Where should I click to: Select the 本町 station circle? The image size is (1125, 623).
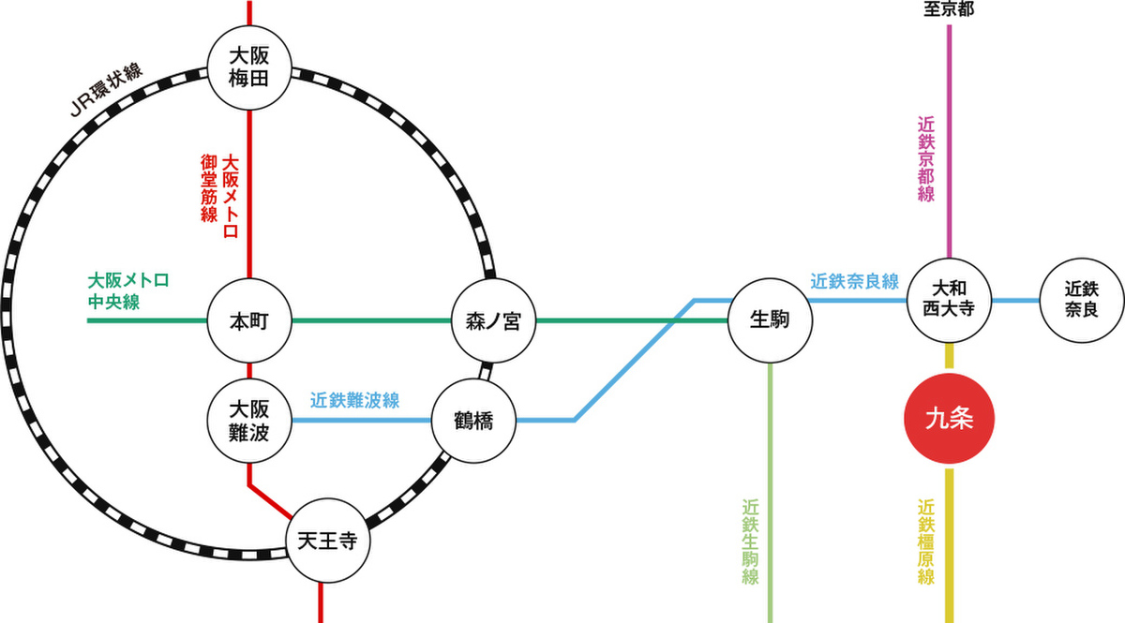pos(249,321)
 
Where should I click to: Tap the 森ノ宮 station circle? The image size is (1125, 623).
pos(493,321)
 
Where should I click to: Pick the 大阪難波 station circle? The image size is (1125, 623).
pos(249,421)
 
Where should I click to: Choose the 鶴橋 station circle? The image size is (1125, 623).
pos(473,421)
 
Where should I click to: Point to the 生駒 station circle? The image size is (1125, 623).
pos(770,321)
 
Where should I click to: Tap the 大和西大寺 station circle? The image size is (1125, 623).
pos(950,300)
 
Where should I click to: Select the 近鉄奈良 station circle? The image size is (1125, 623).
pos(1082,300)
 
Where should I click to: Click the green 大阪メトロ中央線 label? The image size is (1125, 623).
pos(127,290)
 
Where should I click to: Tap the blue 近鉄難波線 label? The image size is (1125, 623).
pos(354,400)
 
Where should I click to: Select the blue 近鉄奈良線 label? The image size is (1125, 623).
pos(854,281)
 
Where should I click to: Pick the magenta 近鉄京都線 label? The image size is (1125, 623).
pos(926,159)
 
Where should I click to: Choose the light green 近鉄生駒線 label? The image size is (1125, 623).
pos(749,541)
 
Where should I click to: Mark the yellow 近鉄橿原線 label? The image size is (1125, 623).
pos(926,541)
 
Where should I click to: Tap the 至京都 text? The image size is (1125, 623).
pos(949,10)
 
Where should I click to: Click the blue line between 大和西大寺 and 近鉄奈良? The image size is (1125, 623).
pos(1015,300)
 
